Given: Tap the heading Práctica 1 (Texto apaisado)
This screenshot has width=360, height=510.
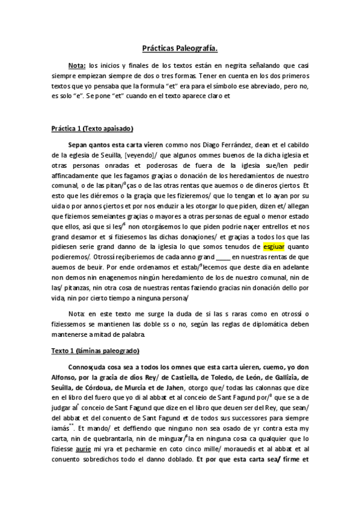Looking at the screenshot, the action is click(x=91, y=129).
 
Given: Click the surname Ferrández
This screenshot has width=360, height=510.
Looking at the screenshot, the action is click(x=225, y=145).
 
